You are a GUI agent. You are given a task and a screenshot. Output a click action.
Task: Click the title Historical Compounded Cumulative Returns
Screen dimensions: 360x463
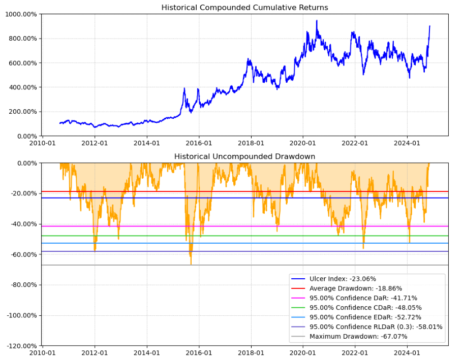coord(244,8)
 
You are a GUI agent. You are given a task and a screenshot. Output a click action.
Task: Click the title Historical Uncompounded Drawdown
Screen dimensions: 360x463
coord(244,156)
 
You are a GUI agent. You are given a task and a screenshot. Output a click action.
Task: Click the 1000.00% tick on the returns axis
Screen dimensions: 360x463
coord(21,14)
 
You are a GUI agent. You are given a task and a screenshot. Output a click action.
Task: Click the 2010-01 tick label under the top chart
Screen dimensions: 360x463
coord(43,143)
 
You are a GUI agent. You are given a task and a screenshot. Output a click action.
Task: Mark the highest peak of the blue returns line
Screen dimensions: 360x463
coord(317,20)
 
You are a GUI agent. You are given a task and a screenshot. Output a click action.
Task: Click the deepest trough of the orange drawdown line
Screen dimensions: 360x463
coord(191,265)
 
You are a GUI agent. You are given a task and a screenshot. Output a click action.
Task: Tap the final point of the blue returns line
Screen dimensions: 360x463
coord(429,26)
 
